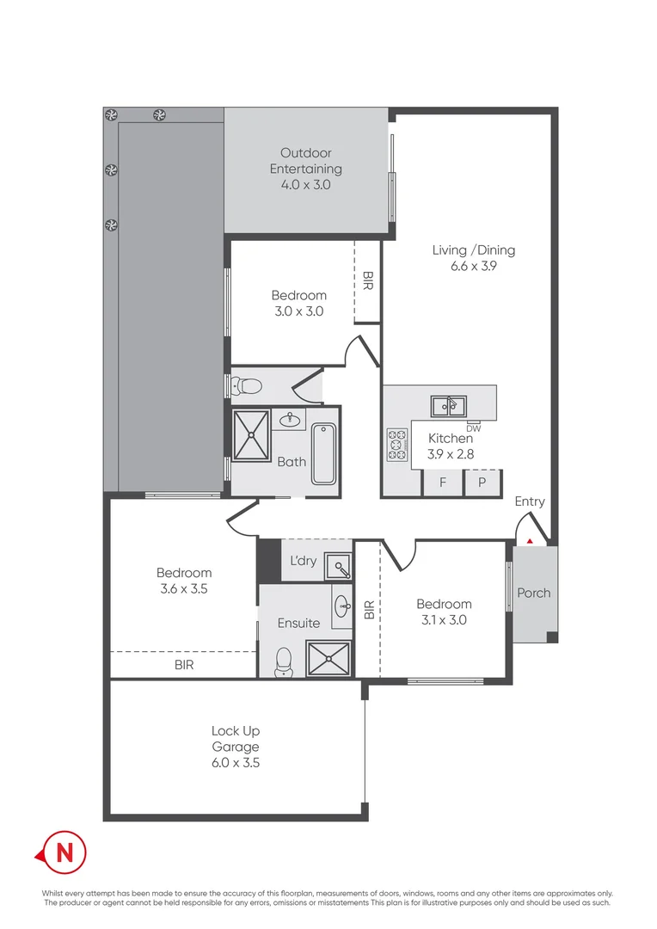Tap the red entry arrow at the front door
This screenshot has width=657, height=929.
[x=530, y=541]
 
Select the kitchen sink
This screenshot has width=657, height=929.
[x=449, y=404]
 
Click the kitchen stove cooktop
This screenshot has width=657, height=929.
[x=397, y=445]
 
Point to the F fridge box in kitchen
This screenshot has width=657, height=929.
[x=443, y=483]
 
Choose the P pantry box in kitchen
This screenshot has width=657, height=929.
[x=482, y=483]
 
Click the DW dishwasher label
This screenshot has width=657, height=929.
[x=473, y=428]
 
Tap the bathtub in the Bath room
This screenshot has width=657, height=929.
[x=323, y=453]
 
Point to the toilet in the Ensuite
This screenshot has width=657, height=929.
[x=283, y=661]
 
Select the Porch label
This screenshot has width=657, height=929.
[x=533, y=593]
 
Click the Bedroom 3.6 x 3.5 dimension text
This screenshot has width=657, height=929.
[x=183, y=589]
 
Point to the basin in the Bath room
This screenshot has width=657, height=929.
[x=291, y=421]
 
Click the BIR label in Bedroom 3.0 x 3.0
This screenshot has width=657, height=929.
[x=367, y=280]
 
